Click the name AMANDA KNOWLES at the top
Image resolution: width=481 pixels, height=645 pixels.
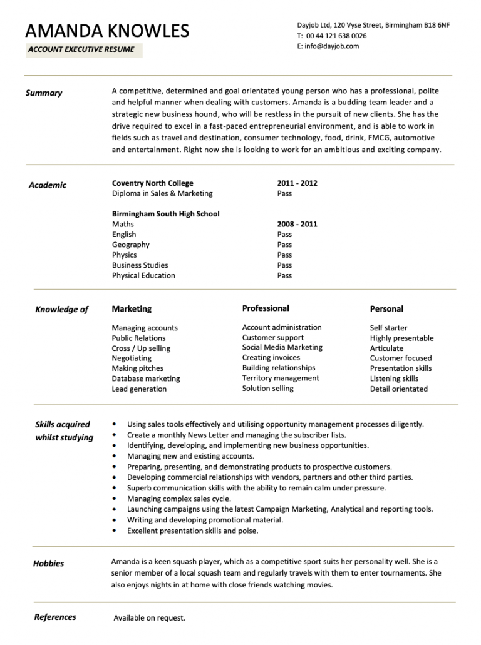[107, 30]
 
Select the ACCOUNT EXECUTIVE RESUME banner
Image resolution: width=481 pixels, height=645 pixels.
[84, 49]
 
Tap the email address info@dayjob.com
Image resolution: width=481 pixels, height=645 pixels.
[332, 46]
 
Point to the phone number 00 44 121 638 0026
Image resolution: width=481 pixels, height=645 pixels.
[336, 36]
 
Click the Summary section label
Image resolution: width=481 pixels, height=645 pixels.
[44, 93]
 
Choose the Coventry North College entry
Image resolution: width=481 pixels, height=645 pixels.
[153, 183]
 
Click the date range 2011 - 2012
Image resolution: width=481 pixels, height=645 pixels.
[297, 183]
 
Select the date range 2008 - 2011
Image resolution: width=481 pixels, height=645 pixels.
[297, 224]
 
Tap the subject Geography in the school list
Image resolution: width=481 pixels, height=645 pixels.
[131, 245]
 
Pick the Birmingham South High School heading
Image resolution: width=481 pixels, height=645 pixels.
[166, 214]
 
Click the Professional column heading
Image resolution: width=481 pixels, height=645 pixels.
[266, 308]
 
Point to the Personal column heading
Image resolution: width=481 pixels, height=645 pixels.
[386, 309]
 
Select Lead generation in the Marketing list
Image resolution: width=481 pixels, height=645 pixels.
[139, 389]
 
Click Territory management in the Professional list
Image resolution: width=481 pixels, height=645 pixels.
[281, 378]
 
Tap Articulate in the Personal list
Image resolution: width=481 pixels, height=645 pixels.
[386, 348]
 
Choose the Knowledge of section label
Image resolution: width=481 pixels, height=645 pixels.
[62, 309]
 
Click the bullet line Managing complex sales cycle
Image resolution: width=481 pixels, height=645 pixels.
[179, 499]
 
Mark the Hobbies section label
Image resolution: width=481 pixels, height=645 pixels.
[48, 564]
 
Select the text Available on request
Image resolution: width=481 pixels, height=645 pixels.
[149, 618]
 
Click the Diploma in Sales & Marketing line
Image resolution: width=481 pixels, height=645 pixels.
[162, 193]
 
